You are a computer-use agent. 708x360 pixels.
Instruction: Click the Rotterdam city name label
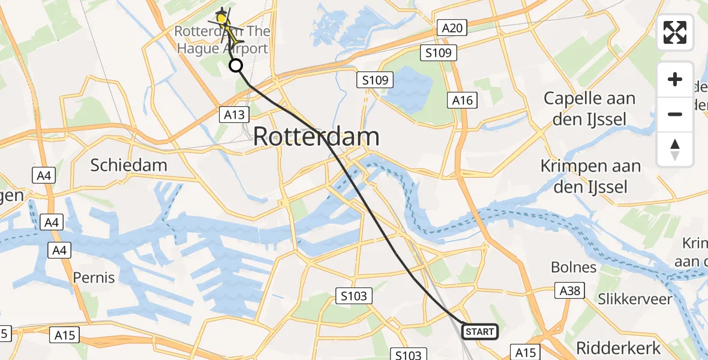316,137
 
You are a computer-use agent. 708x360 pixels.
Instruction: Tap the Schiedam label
128,165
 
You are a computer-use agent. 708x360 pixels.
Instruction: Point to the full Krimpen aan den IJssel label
590,176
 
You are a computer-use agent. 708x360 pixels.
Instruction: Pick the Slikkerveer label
635,299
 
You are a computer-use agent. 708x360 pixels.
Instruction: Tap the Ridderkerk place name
618,347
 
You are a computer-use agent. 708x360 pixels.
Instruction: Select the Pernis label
94,278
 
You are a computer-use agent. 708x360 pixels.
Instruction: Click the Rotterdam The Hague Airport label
222,40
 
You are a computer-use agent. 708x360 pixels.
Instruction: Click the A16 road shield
463,101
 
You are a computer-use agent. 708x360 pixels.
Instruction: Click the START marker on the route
479,332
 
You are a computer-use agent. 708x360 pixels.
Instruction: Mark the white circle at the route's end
236,65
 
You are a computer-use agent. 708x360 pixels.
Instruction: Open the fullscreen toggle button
675,32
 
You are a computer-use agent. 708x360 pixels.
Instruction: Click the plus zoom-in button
675,79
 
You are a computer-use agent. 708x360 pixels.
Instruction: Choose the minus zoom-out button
675,114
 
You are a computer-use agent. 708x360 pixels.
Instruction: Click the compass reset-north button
675,149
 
